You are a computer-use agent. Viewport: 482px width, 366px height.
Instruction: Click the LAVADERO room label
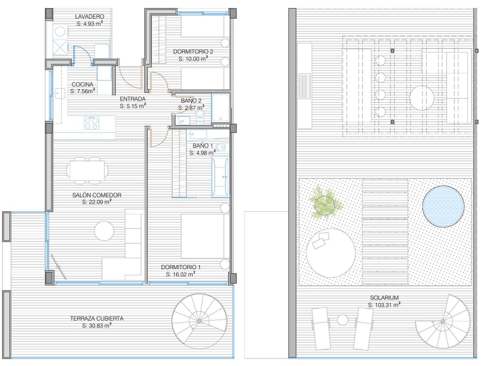pyautogui.click(x=90, y=16)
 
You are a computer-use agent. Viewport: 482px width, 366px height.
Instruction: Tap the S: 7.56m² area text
pyautogui.click(x=83, y=91)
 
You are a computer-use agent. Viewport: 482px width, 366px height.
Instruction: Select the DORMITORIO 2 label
pyautogui.click(x=193, y=51)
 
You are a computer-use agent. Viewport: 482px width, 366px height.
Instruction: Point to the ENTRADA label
pyautogui.click(x=133, y=99)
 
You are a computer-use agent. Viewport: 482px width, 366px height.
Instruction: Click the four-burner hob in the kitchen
pyautogui.click(x=92, y=123)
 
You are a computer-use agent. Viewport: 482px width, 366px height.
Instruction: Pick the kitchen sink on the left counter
pyautogui.click(x=59, y=93)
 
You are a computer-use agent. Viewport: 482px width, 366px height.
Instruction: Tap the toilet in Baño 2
pyautogui.click(x=200, y=117)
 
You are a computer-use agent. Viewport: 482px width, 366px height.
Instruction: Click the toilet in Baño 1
pyautogui.click(x=221, y=147)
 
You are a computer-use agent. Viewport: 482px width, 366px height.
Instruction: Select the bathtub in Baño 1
pyautogui.click(x=220, y=177)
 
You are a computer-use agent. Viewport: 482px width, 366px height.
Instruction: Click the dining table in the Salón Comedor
pyautogui.click(x=87, y=171)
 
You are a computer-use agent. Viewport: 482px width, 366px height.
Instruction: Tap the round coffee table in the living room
pyautogui.click(x=104, y=231)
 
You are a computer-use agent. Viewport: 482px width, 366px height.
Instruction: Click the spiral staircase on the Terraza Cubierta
pyautogui.click(x=199, y=321)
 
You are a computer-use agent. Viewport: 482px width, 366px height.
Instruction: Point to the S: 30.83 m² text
pyautogui.click(x=97, y=326)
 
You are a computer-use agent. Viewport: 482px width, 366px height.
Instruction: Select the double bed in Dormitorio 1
pyautogui.click(x=205, y=236)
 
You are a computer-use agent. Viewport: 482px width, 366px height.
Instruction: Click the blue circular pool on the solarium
pyautogui.click(x=443, y=207)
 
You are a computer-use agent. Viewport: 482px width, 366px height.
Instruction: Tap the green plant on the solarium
pyautogui.click(x=326, y=202)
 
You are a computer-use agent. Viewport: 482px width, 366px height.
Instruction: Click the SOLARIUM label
pyautogui.click(x=384, y=298)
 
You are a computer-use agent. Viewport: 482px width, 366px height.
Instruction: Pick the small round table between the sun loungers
pyautogui.click(x=343, y=320)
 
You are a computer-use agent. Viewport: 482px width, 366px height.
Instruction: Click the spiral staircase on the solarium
pyautogui.click(x=443, y=321)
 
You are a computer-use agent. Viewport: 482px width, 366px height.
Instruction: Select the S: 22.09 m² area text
pyautogui.click(x=97, y=202)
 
